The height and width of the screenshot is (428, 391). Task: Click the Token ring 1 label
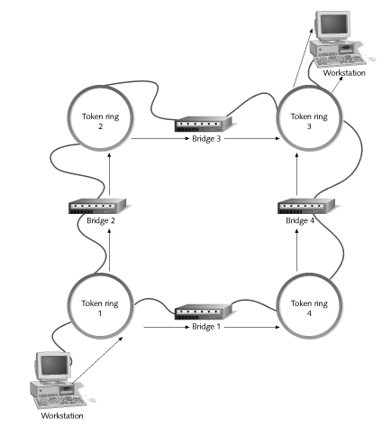tap(100, 308)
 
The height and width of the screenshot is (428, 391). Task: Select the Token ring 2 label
tap(101, 121)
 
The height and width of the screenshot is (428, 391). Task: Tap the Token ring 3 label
tap(309, 121)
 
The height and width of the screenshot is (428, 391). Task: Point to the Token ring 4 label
tap(309, 308)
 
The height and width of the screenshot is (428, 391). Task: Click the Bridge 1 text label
tap(206, 327)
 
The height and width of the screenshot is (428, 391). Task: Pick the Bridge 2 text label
tap(101, 220)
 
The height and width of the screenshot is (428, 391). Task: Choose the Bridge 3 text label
tap(206, 139)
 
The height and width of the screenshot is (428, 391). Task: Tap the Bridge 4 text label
tap(300, 220)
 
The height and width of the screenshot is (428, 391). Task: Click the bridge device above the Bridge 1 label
tap(204, 312)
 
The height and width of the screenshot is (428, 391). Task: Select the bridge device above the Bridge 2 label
tap(97, 206)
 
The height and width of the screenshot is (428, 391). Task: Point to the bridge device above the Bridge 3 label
tap(204, 124)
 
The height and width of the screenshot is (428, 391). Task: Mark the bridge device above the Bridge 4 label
tap(306, 206)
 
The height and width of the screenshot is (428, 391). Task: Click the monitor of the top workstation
tap(332, 25)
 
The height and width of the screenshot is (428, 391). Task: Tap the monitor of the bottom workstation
tap(54, 368)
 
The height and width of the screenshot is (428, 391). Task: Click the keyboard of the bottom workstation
tap(61, 402)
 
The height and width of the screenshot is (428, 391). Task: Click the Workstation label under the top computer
tap(344, 73)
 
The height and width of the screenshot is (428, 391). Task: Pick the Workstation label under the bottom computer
tap(62, 416)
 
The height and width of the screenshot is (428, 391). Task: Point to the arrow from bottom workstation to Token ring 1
tap(97, 360)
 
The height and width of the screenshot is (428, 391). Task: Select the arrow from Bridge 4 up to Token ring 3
tap(296, 174)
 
